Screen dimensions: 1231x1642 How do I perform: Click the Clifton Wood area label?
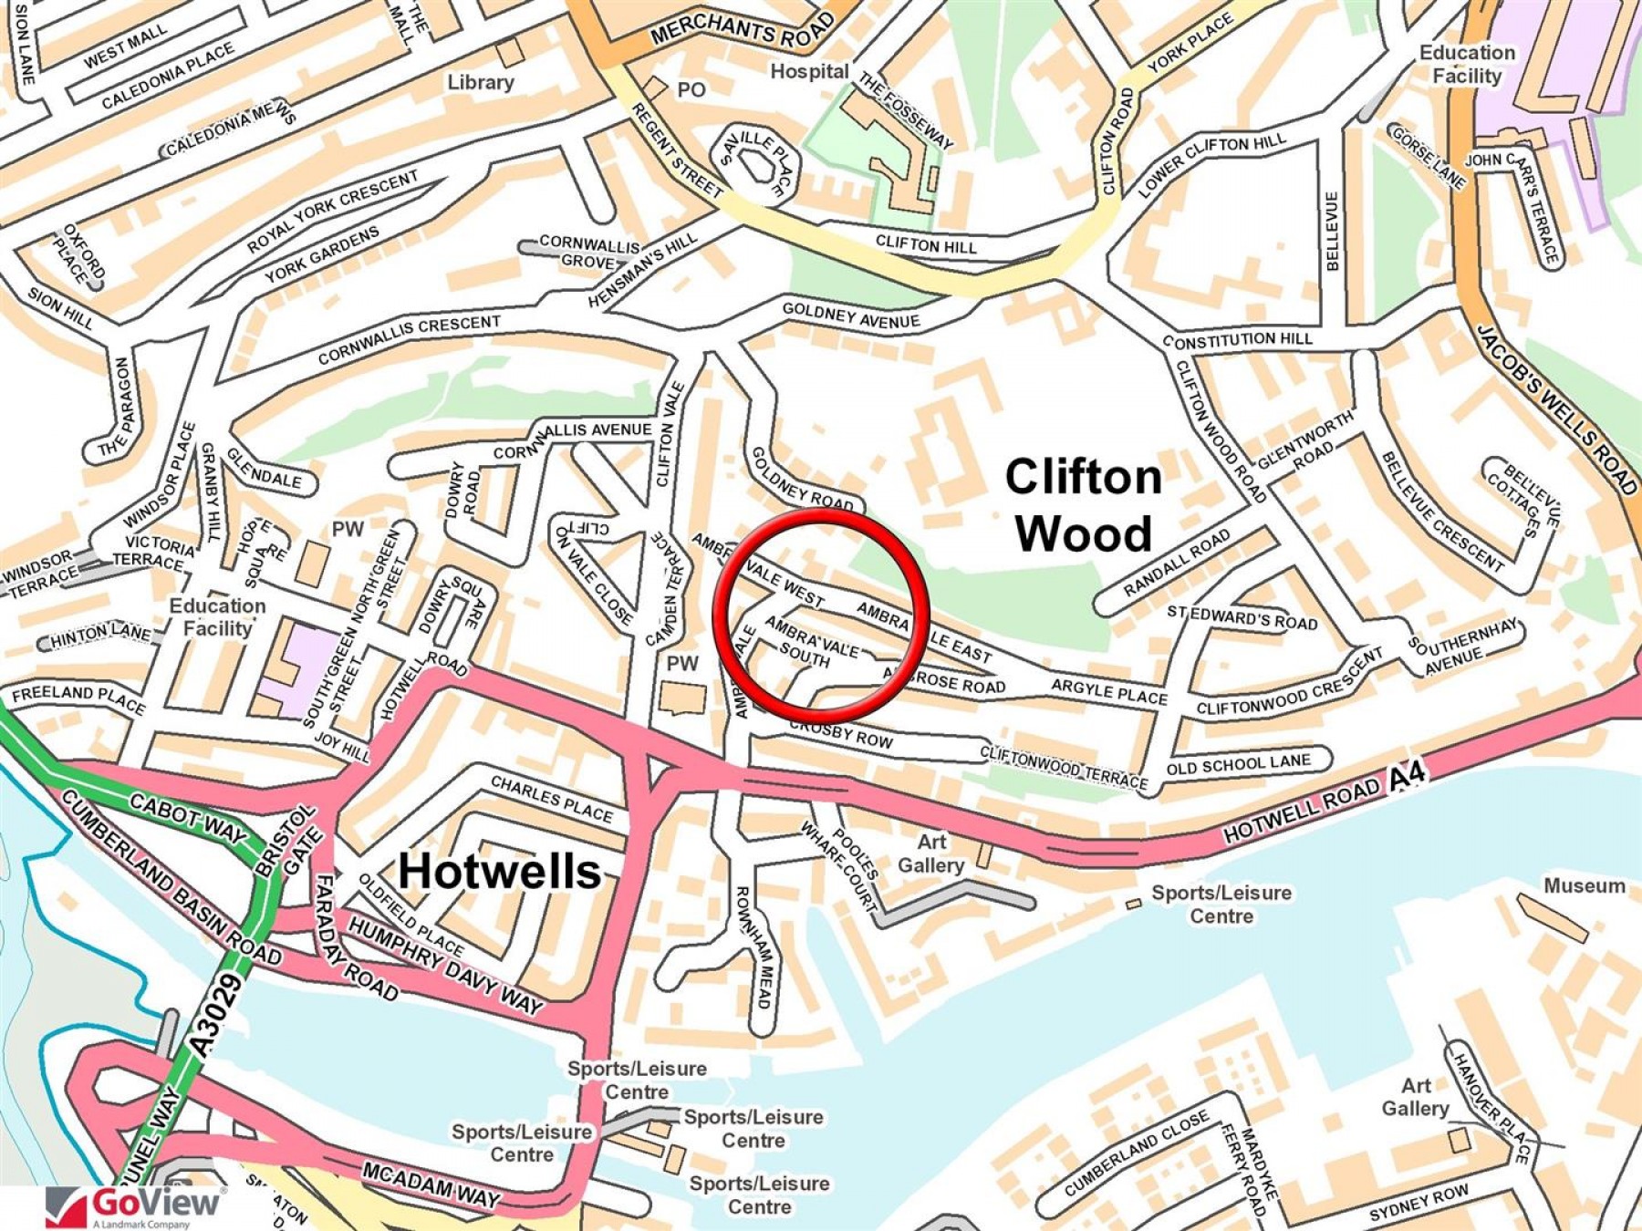click(x=1083, y=505)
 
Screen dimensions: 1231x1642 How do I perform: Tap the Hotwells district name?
click(x=500, y=871)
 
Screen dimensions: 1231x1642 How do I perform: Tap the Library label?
click(x=480, y=82)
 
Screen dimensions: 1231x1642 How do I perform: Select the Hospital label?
click(x=809, y=71)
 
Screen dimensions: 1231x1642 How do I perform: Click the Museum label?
click(x=1584, y=885)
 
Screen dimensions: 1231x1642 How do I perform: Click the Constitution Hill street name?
click(x=1237, y=340)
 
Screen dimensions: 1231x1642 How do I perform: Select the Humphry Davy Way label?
click(x=445, y=966)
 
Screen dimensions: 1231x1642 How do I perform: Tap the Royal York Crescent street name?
click(x=332, y=212)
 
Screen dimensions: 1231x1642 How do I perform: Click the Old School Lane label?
click(x=1238, y=763)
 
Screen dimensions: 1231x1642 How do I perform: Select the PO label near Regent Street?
click(x=691, y=89)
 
